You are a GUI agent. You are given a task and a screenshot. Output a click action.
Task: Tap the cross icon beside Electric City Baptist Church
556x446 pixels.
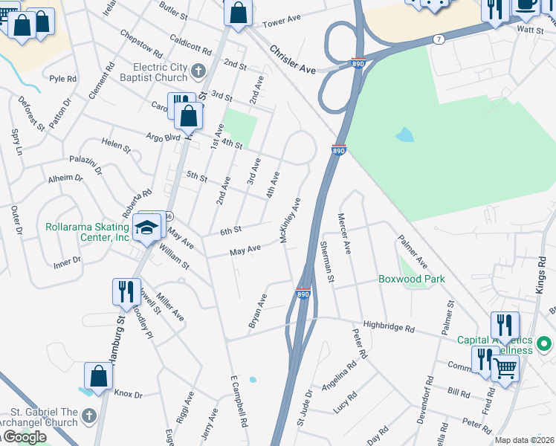198,71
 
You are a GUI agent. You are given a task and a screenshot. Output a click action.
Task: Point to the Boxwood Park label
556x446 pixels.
412,279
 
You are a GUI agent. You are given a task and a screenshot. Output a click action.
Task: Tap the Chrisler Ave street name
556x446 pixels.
293,60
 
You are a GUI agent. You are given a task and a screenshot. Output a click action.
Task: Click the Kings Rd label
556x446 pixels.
540,274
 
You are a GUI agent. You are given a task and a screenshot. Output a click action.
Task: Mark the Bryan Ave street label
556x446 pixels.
258,311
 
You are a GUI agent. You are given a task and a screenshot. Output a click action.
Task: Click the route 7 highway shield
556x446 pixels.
440,38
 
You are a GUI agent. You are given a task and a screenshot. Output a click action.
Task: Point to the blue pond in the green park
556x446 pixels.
404,135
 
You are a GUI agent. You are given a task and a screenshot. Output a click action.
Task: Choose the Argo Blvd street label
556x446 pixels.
163,138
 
